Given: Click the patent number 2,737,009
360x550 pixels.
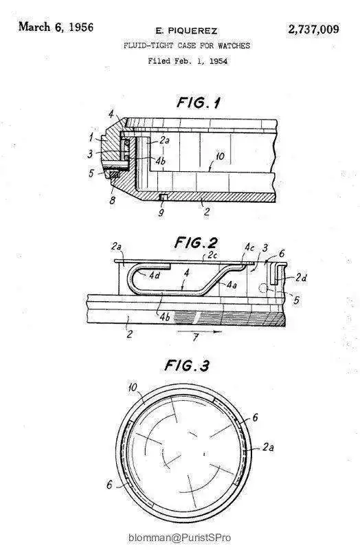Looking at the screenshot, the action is [x=314, y=29].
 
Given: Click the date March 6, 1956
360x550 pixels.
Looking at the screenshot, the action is [x=56, y=27].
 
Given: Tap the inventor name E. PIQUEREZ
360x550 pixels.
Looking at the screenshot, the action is [x=186, y=31].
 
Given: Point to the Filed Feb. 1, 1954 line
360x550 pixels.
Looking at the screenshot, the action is [x=188, y=61].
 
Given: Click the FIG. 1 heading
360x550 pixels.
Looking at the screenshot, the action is [x=199, y=102].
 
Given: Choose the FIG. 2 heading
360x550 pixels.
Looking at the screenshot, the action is [x=196, y=243].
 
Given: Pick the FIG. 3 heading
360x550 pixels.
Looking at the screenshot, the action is [x=187, y=366].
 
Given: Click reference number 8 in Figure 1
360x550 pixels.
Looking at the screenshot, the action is [x=112, y=200].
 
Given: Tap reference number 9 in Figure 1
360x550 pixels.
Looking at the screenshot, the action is [x=161, y=212].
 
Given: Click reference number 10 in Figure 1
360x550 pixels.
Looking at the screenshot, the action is [x=220, y=156].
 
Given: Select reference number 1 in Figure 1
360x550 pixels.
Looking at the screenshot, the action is [x=91, y=136].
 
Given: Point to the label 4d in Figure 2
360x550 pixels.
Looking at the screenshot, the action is [x=155, y=276].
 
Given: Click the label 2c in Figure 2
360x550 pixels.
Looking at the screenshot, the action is [x=212, y=255].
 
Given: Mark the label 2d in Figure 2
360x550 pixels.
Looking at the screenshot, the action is [x=301, y=278].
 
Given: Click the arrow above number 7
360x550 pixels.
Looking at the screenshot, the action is [x=199, y=331].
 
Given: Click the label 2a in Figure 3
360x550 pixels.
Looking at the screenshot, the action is [x=268, y=447].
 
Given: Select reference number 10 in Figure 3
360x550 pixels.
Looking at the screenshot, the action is [x=133, y=388].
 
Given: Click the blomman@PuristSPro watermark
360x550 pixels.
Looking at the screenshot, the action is [x=180, y=538].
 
